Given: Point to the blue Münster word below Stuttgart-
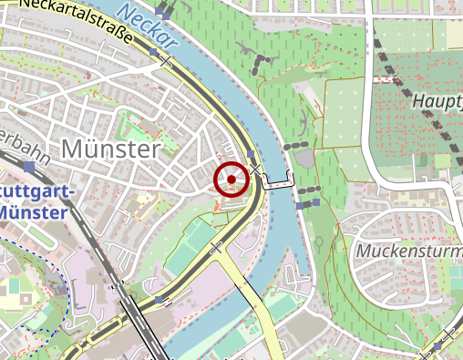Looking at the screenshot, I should coord(28,211).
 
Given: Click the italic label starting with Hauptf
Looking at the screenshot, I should coord(438,99).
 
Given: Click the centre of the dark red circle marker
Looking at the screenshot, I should coord(231,179).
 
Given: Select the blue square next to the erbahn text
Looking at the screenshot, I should coord(30,167).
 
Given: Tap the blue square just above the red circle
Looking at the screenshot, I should coord(252,156).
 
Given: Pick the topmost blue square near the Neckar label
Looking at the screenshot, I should coord(162,9).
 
